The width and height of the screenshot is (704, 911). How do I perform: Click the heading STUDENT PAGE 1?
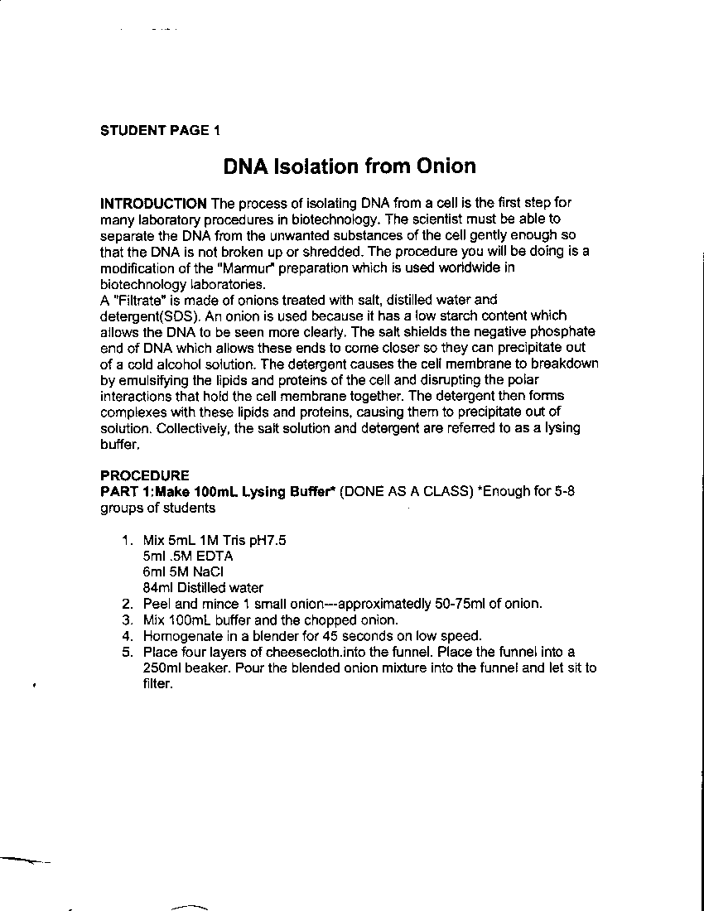coord(161,130)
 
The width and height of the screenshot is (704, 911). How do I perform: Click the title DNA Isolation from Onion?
coord(350,166)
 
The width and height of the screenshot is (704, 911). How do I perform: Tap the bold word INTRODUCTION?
coord(153,203)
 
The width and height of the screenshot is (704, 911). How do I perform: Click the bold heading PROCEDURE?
coord(144,475)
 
